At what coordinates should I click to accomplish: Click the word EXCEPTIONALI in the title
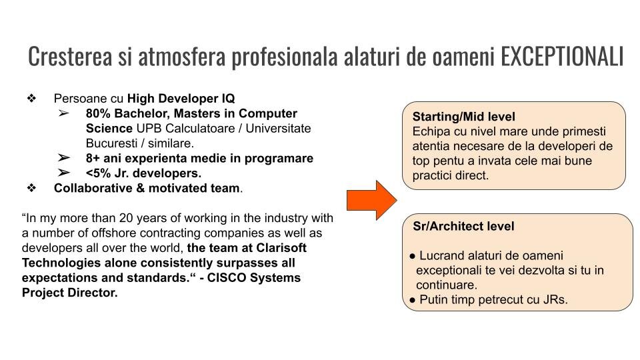(x=562, y=56)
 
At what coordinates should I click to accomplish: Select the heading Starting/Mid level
(x=464, y=117)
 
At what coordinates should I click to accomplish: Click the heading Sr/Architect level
(x=463, y=226)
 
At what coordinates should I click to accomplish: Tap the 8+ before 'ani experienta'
(x=93, y=159)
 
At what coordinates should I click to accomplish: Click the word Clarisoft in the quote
(x=281, y=248)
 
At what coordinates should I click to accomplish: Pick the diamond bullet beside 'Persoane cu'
(x=31, y=99)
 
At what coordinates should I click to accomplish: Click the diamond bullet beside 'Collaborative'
(x=31, y=188)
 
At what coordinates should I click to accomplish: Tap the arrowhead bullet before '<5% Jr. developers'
(x=64, y=173)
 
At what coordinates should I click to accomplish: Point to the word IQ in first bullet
(x=229, y=99)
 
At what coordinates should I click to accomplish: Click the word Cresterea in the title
(x=70, y=56)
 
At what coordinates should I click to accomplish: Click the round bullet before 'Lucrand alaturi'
(x=412, y=256)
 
